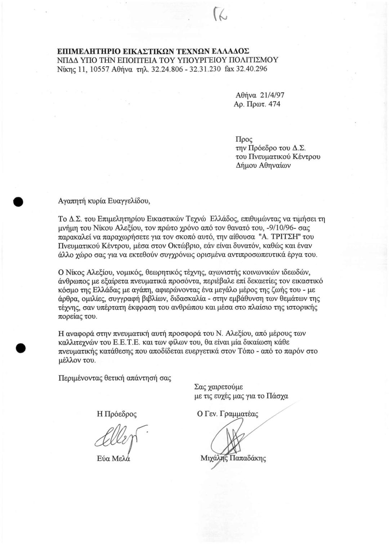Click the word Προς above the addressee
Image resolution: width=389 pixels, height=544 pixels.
coord(244,138)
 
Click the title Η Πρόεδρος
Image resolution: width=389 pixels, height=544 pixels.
coord(117,414)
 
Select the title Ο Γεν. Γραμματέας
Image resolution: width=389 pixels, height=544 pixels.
coord(228,414)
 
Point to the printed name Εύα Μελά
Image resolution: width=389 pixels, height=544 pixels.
coord(113,459)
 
